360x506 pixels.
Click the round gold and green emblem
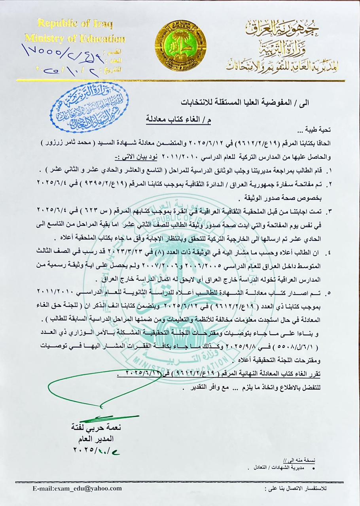(x=180, y=45)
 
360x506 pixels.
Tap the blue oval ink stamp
(x=91, y=108)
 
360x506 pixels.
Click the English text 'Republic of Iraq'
(x=76, y=24)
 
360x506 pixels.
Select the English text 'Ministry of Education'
(x=75, y=38)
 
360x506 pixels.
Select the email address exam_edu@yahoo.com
(x=78, y=488)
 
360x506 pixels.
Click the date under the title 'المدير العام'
(x=92, y=450)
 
